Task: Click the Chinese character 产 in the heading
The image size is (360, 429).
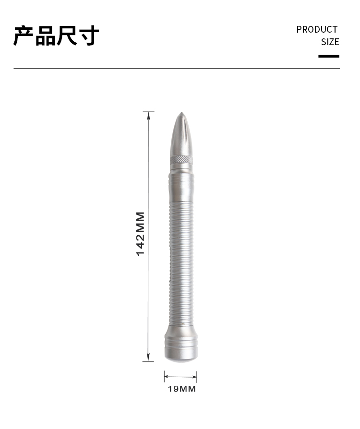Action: pos(24,36)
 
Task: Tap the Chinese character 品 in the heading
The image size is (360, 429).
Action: pos(46,36)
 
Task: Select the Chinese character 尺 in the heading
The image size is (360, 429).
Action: pos(67,36)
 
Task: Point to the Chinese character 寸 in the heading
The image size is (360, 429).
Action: pos(88,36)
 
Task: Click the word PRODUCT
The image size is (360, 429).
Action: pos(317,30)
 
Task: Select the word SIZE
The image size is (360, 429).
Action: pos(330,42)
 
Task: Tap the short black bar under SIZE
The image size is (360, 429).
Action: pos(329,56)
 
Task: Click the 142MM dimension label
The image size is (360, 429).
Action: pos(141,234)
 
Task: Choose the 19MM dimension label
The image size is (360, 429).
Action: pos(182,389)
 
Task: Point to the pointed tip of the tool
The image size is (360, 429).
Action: pos(181,112)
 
